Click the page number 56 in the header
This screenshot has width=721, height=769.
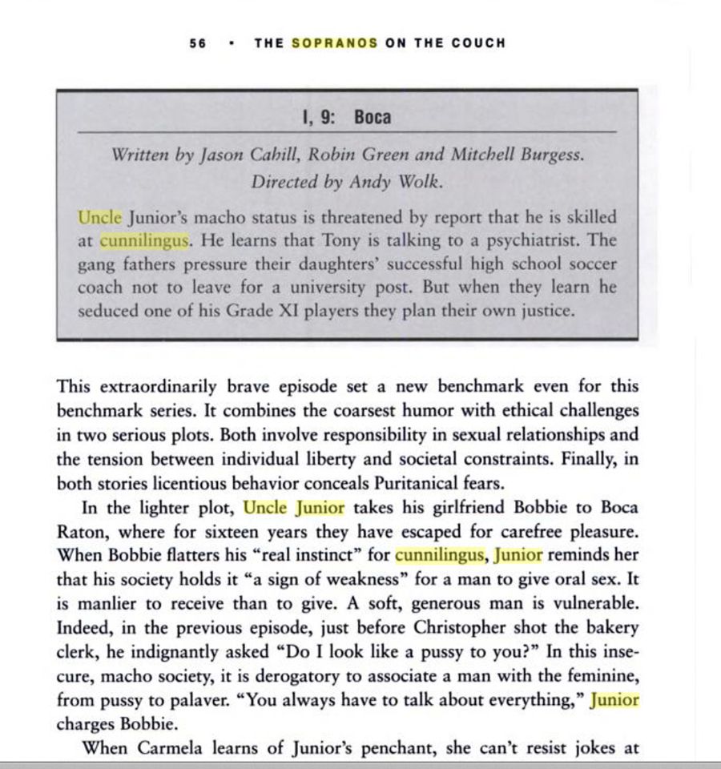(198, 43)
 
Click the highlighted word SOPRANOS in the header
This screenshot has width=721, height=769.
(334, 43)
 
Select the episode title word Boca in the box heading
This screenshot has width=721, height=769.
(373, 118)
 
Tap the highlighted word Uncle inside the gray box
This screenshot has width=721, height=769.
(100, 217)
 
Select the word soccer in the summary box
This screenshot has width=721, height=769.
(587, 264)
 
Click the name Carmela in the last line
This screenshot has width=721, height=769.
(176, 748)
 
